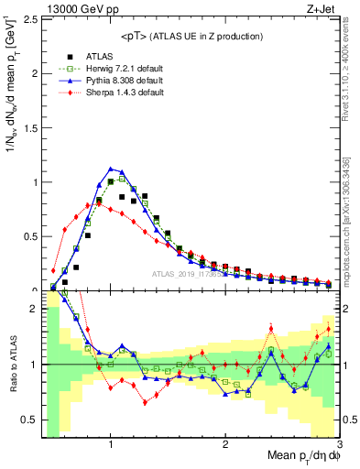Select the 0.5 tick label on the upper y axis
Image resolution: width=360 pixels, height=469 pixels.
(x=27, y=236)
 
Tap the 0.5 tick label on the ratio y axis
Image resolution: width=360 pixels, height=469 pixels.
(x=27, y=420)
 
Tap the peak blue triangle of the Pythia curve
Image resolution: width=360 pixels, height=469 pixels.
(x=111, y=169)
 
